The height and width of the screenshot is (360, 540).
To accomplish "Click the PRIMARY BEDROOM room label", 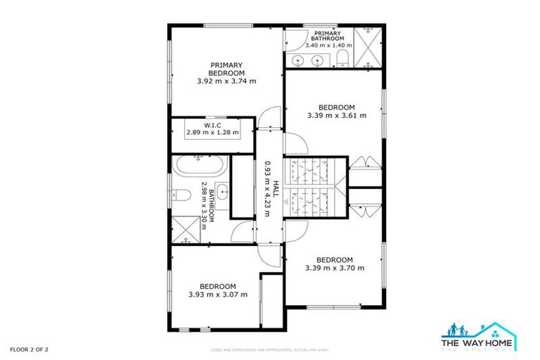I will pyautogui.click(x=226, y=69).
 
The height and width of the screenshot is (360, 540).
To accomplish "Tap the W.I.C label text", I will pyautogui.click(x=212, y=124).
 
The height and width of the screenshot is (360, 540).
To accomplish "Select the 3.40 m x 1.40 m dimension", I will pyautogui.click(x=327, y=45).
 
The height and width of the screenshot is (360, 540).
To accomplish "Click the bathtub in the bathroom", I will pyautogui.click(x=200, y=167).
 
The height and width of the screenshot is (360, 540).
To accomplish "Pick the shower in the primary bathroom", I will pyautogui.click(x=368, y=47).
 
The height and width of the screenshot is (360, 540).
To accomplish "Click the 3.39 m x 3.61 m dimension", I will pyautogui.click(x=337, y=115).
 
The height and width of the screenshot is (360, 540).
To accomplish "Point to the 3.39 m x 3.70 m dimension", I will pyautogui.click(x=335, y=268).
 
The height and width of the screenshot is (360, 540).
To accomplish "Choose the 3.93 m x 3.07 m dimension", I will pyautogui.click(x=218, y=295).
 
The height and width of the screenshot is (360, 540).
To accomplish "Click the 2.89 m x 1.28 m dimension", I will pyautogui.click(x=212, y=132).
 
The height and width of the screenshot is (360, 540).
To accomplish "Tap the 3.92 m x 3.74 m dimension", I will pyautogui.click(x=226, y=81).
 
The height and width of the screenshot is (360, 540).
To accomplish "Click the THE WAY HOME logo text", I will pyautogui.click(x=480, y=339).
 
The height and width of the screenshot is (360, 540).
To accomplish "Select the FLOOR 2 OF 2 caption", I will pyautogui.click(x=29, y=349).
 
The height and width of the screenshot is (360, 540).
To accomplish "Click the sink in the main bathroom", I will pyautogui.click(x=222, y=190).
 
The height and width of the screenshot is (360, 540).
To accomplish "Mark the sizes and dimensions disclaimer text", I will pyautogui.click(x=270, y=349).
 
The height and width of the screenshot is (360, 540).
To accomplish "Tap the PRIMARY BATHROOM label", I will pyautogui.click(x=327, y=35).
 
